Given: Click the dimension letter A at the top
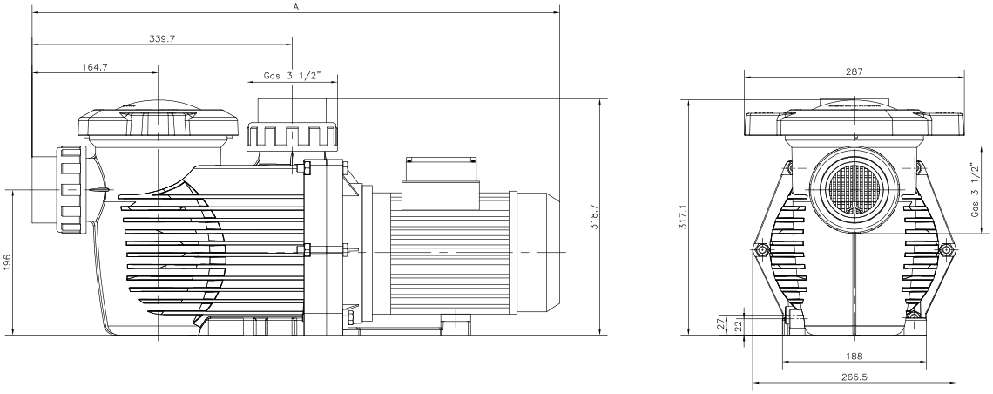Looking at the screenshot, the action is pos(296,6).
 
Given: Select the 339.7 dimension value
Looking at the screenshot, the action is pos(162,38).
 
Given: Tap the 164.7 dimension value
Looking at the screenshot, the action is pos(95,66).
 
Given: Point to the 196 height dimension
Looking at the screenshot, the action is pos(8,262).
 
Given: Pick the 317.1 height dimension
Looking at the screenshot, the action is pos(683,216).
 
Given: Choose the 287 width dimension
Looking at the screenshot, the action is pos(855,71).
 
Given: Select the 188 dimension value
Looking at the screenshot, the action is pos(855,357).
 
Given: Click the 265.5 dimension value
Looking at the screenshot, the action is pos(855,377).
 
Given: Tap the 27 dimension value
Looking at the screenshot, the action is pos(719,323).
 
